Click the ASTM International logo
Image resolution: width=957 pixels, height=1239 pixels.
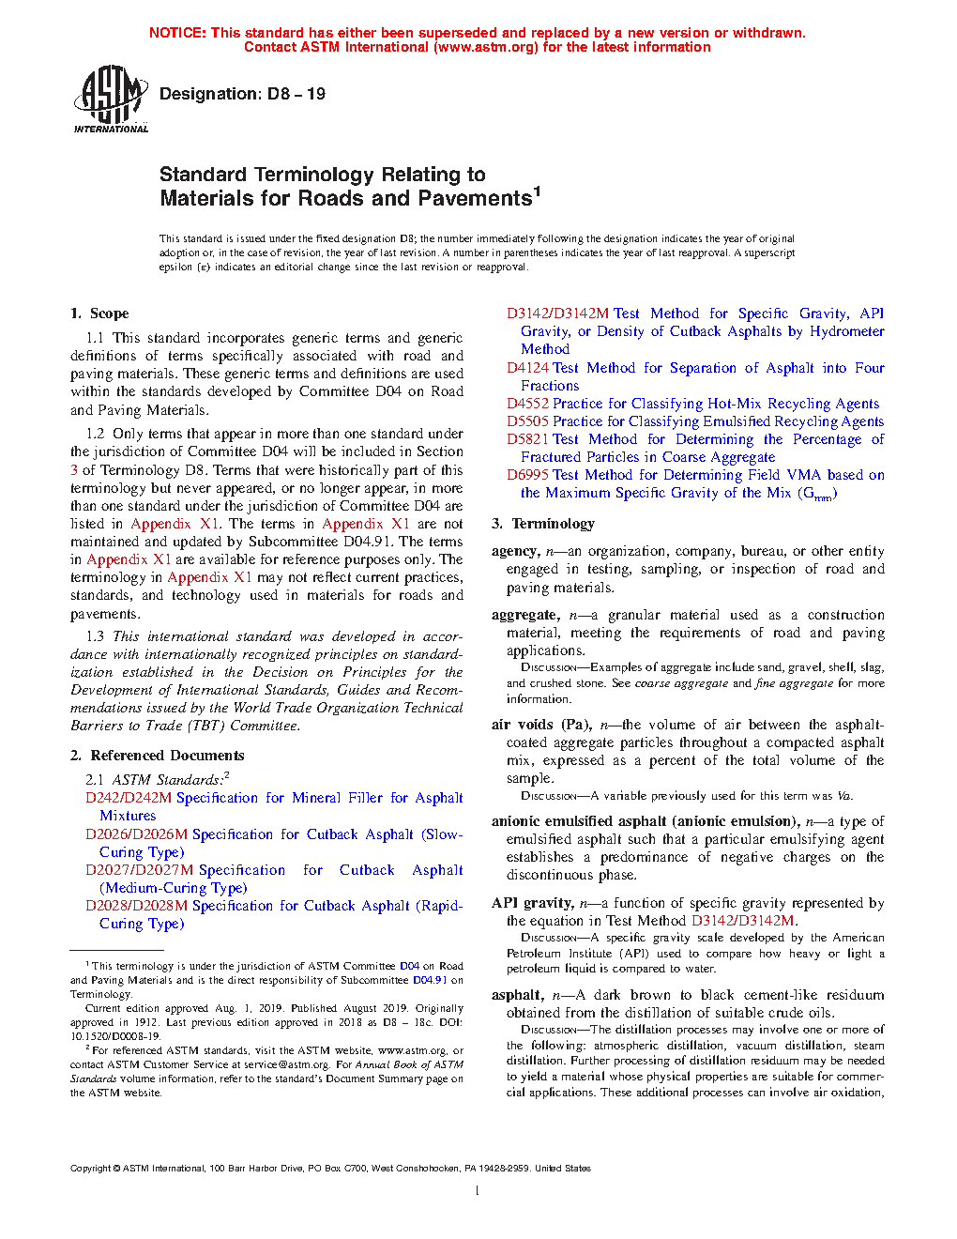(x=111, y=99)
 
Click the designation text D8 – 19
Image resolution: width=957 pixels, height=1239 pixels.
(x=242, y=94)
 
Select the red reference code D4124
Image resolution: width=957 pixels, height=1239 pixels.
(x=527, y=368)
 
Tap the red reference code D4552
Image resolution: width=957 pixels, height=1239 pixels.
(x=527, y=404)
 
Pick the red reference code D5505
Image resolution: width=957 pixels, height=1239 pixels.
(x=527, y=421)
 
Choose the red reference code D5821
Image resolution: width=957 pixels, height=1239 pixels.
(x=527, y=439)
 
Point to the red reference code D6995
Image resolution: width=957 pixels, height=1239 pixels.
(x=527, y=475)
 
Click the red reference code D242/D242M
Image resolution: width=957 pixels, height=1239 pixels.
(x=129, y=798)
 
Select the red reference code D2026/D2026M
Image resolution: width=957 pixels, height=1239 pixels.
(x=137, y=834)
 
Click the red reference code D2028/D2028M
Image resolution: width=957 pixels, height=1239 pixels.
(x=137, y=906)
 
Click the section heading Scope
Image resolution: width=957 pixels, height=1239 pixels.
(x=109, y=314)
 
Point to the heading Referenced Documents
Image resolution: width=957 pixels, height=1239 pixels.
(x=167, y=756)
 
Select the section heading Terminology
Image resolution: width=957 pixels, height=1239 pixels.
(x=553, y=524)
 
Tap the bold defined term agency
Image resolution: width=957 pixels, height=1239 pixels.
(x=514, y=552)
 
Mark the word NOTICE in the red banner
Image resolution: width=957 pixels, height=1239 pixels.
(x=177, y=33)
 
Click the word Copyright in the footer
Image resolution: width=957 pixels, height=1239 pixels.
(x=91, y=1169)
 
